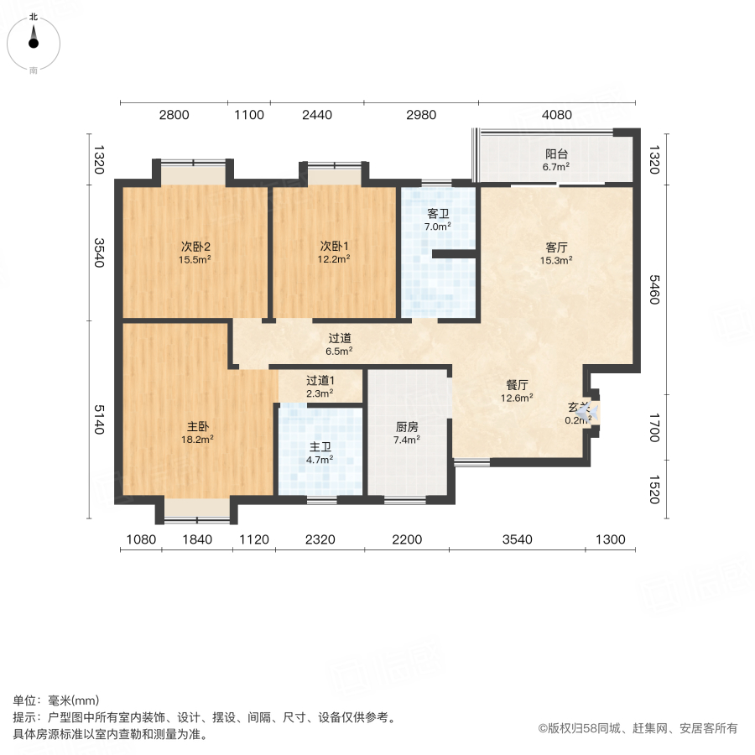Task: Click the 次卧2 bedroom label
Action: click(x=195, y=247)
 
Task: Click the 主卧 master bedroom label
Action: click(x=197, y=425)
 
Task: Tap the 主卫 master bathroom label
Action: click(x=320, y=446)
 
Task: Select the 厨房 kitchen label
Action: click(x=408, y=425)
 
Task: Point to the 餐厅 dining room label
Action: click(x=517, y=384)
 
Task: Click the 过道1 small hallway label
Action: click(x=320, y=380)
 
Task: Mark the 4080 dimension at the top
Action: click(x=557, y=115)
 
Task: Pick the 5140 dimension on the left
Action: click(x=99, y=419)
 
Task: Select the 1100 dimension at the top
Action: click(x=248, y=115)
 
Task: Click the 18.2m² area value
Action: click(x=197, y=438)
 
